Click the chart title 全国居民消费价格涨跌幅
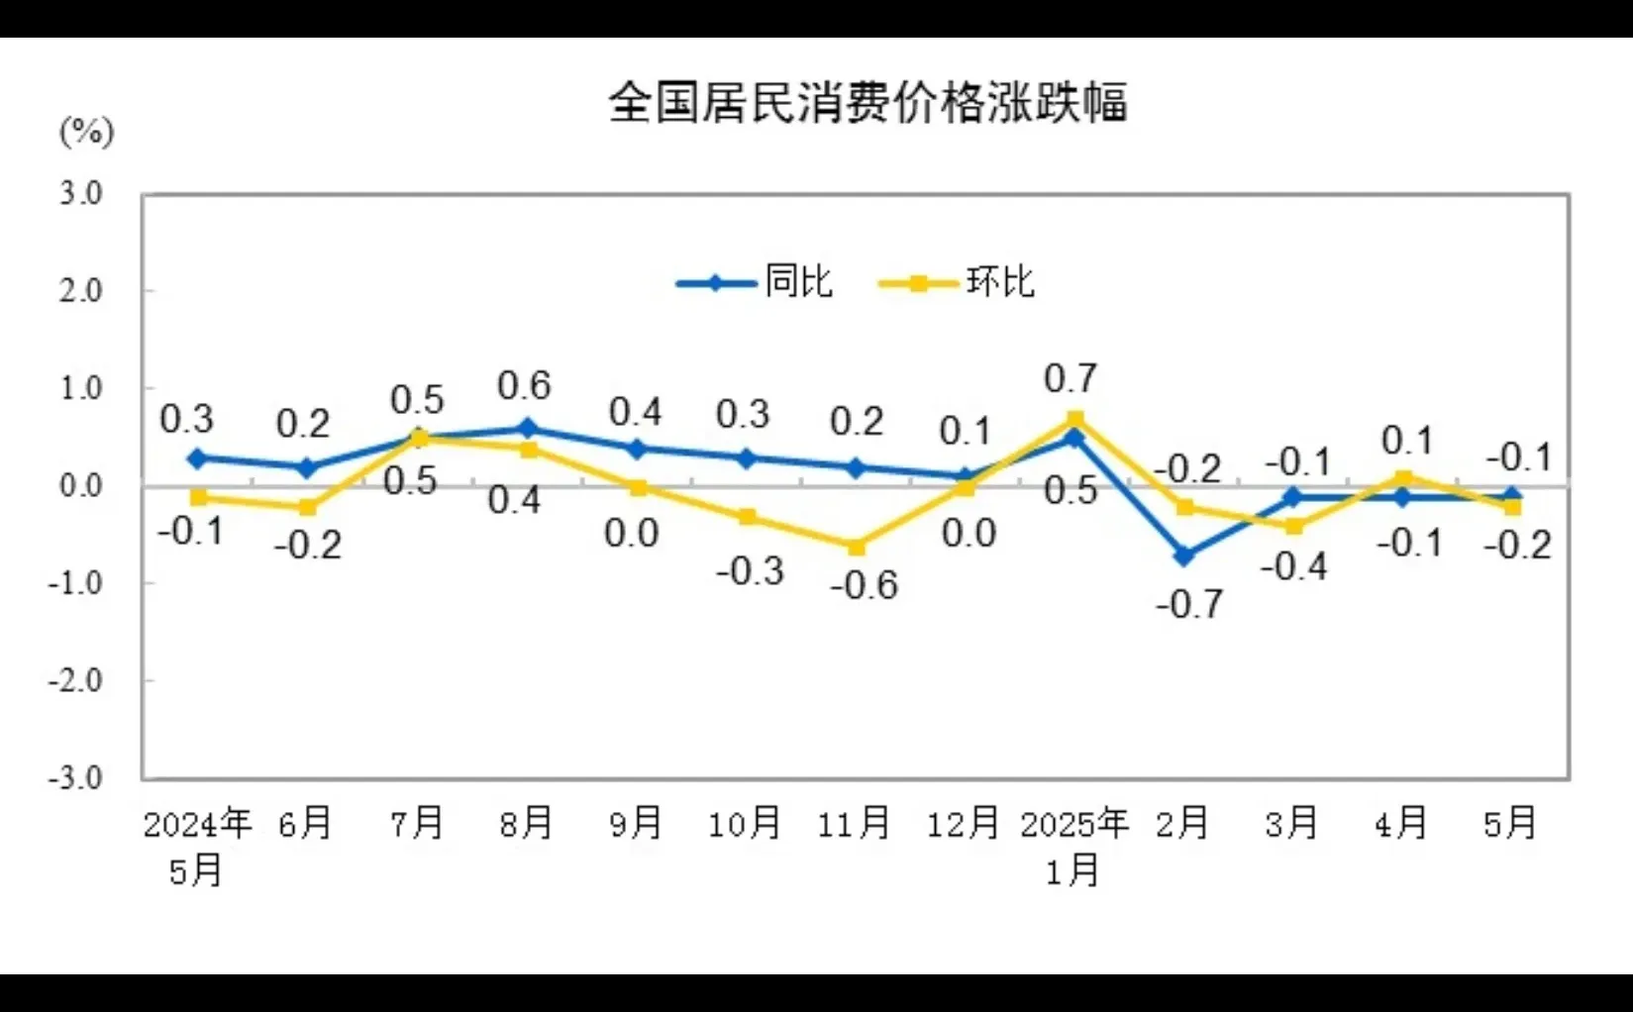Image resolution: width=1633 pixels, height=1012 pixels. click(868, 103)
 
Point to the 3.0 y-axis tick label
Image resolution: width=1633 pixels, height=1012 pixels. click(81, 193)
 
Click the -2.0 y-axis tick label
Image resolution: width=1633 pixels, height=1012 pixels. click(76, 681)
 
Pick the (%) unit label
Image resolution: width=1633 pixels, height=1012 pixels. click(87, 132)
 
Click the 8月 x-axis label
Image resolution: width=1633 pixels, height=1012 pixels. click(526, 823)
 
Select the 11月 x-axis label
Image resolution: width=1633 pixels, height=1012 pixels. click(854, 823)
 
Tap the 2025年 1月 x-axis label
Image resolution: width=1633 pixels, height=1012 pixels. click(1074, 846)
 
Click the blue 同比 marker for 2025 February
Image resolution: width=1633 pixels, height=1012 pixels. click(1184, 557)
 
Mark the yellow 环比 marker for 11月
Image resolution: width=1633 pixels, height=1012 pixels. click(857, 547)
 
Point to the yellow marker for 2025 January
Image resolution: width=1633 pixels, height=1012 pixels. click(1075, 419)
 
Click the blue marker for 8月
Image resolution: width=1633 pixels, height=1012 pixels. click(528, 429)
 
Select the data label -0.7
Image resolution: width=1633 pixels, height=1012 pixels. click(1189, 604)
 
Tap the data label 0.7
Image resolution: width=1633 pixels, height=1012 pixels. click(1071, 378)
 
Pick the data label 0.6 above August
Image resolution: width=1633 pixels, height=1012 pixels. click(524, 385)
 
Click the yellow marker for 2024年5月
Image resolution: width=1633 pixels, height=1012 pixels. click(199, 497)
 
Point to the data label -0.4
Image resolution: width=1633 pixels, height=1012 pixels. click(1293, 566)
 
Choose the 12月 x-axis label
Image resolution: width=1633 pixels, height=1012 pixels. click(963, 823)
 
